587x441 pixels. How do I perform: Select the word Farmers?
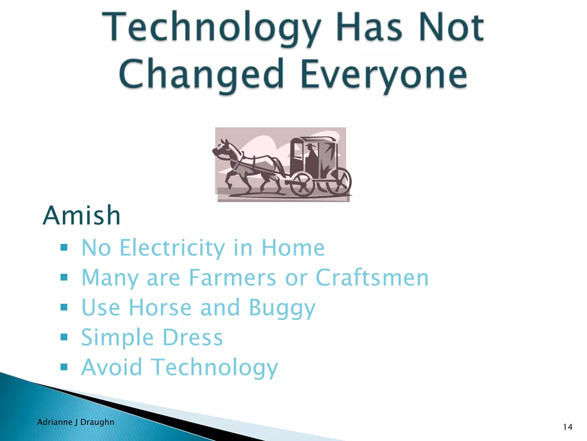(232, 278)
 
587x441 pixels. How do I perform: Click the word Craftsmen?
(372, 278)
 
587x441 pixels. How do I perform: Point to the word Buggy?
(282, 308)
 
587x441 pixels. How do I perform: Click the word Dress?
(193, 337)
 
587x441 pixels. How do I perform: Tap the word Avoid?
(111, 367)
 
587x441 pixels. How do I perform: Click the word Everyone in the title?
(383, 74)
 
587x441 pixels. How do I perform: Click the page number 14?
(568, 427)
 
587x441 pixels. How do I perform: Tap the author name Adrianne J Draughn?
(76, 422)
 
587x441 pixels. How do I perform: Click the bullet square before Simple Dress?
(64, 337)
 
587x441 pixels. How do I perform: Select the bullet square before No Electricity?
(64, 247)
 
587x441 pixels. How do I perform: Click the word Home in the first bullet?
(293, 248)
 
